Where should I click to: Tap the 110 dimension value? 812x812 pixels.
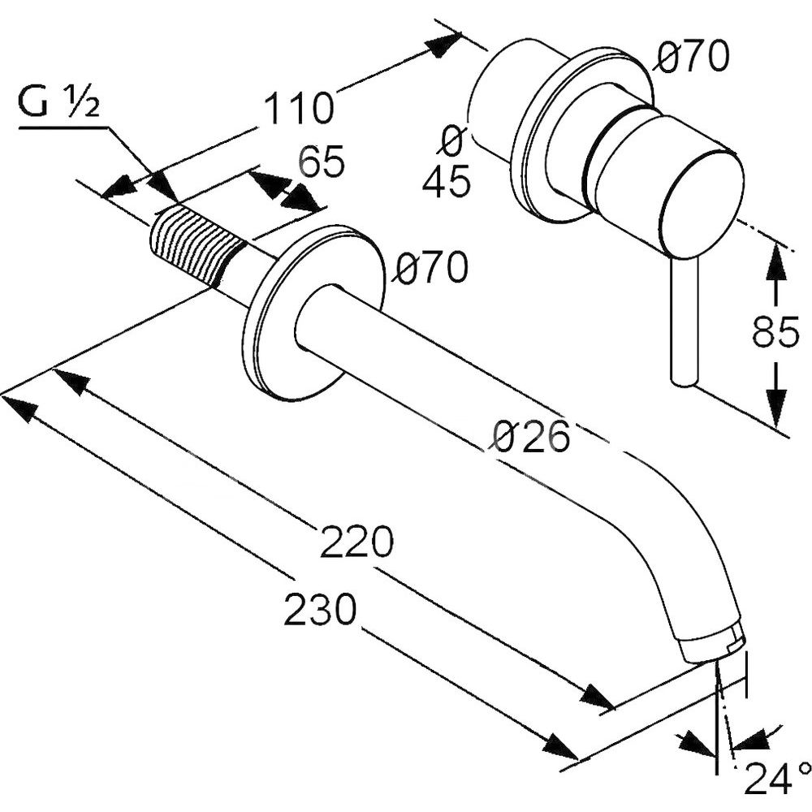(300, 107)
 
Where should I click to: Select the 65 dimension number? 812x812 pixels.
(322, 162)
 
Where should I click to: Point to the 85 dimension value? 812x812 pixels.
(775, 333)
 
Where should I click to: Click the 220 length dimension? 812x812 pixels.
(356, 542)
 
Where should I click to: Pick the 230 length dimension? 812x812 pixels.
(320, 609)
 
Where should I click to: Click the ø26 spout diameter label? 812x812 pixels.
(531, 438)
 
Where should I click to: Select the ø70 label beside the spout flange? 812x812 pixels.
(431, 268)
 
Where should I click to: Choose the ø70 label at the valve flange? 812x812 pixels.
(693, 58)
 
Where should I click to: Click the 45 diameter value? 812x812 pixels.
(446, 182)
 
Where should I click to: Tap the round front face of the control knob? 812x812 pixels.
(702, 203)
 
